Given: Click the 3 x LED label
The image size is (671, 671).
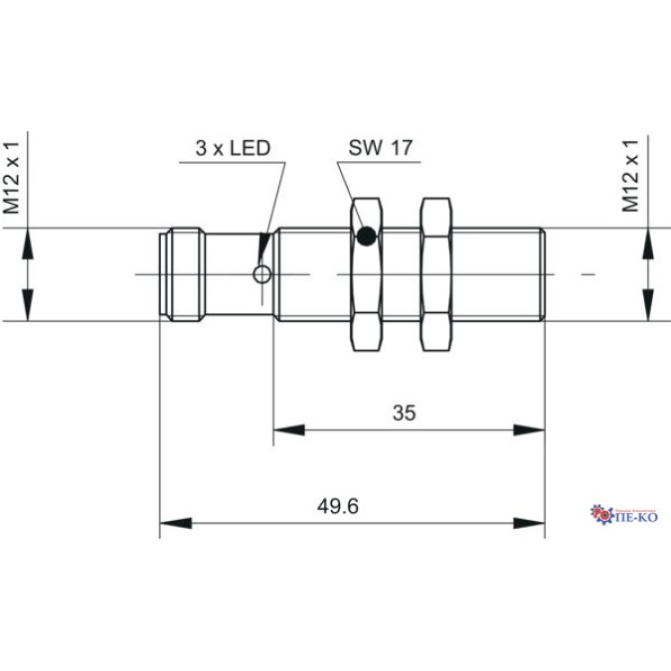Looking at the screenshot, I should click(x=233, y=149).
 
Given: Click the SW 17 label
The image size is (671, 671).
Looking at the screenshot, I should click(x=380, y=149).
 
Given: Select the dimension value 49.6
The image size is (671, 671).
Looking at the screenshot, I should click(x=338, y=506).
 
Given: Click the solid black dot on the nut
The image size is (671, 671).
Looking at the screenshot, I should click(x=367, y=237).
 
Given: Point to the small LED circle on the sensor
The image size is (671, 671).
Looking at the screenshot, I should click(x=262, y=274).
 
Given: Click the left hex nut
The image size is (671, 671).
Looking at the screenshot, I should click(x=366, y=274).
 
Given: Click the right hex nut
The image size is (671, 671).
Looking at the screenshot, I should click(x=434, y=274).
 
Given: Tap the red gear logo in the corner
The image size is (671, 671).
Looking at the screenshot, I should click(x=601, y=513).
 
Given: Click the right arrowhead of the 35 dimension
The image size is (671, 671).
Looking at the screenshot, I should click(x=530, y=430).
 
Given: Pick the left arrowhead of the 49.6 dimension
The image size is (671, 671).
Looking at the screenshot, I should click(x=174, y=523).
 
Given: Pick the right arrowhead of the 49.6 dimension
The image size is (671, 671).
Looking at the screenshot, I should click(x=530, y=523).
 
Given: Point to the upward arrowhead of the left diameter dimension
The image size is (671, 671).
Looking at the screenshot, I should click(x=28, y=242).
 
